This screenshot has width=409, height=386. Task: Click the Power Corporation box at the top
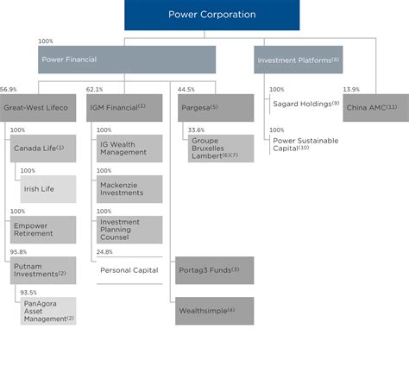pos(211,15)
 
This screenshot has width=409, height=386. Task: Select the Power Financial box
pos(128,60)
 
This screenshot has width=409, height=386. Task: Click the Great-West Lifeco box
pos(38,108)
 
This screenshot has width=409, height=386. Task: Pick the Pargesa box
pos(215,108)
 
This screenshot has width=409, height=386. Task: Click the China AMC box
pos(374,108)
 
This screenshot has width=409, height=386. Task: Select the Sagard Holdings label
pos(304,104)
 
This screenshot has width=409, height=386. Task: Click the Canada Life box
pos(43,149)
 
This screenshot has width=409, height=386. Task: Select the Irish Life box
pos(47,188)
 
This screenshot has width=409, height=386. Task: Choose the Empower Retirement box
pos(43,229)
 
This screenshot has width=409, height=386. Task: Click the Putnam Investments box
pos(43,269)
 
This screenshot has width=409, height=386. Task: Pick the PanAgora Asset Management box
pos(47,311)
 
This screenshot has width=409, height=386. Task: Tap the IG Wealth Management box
pos(128,149)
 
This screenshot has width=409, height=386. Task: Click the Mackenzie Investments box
pos(128,188)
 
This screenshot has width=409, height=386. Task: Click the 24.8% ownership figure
pos(104,252)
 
